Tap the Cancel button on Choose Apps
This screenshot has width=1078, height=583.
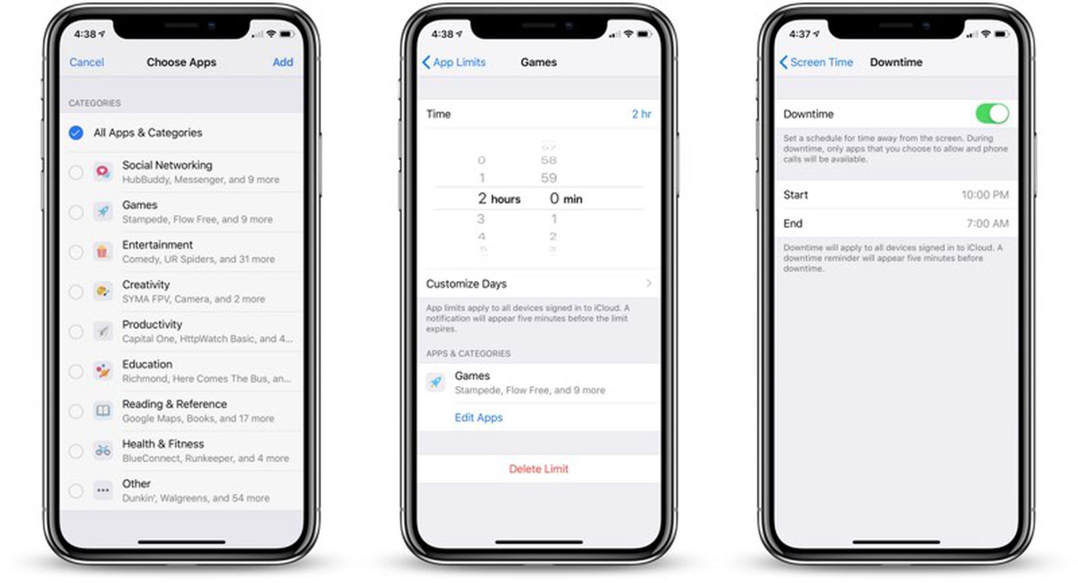86,62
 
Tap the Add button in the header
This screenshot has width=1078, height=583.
282,62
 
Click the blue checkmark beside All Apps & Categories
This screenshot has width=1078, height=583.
76,133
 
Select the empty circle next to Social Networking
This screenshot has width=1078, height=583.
76,172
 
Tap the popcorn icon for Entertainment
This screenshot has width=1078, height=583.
102,252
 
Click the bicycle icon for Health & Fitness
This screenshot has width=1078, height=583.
102,450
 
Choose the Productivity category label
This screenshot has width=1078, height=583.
152,324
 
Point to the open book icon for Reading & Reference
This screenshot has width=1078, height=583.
102,411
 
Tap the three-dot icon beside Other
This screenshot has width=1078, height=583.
102,490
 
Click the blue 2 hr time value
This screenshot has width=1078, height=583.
641,114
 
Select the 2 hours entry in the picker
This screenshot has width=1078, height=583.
499,199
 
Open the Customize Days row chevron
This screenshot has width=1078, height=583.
648,283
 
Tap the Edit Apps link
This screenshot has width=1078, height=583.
478,417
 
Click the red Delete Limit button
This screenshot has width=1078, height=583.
538,469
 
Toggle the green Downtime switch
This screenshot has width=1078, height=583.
992,113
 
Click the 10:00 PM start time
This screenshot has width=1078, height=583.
984,195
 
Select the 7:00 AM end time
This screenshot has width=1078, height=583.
987,224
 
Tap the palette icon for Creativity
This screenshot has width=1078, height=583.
102,291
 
